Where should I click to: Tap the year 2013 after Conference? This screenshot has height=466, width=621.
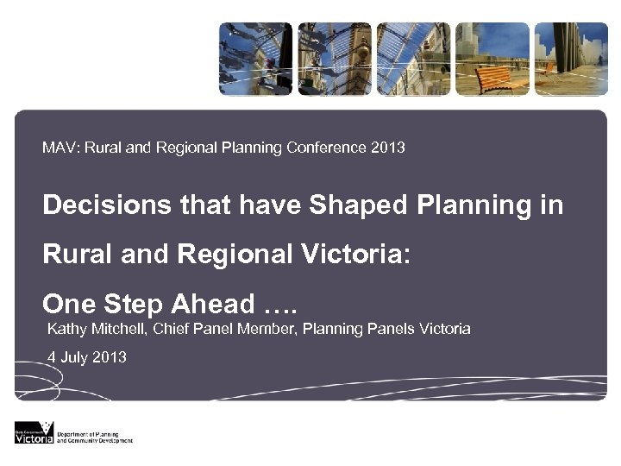pos(388,148)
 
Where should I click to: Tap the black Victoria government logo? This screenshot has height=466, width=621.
pos(34,432)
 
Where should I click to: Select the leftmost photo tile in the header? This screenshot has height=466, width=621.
pos(254,59)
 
